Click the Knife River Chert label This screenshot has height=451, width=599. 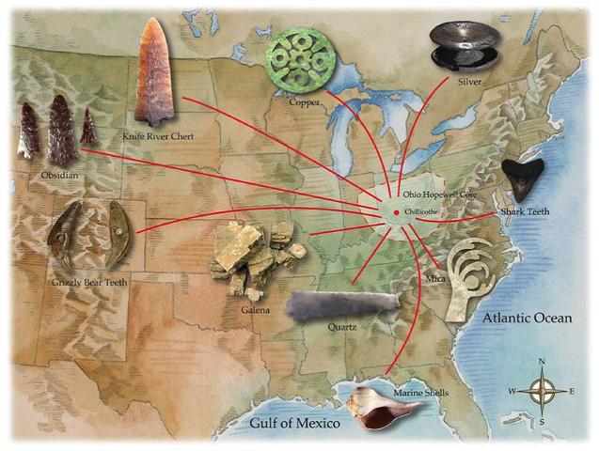(x=158, y=136)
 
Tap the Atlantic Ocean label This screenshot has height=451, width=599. (x=527, y=319)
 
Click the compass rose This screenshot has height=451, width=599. (x=542, y=390)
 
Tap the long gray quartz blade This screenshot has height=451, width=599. (x=344, y=304)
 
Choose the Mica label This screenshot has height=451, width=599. (x=434, y=279)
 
